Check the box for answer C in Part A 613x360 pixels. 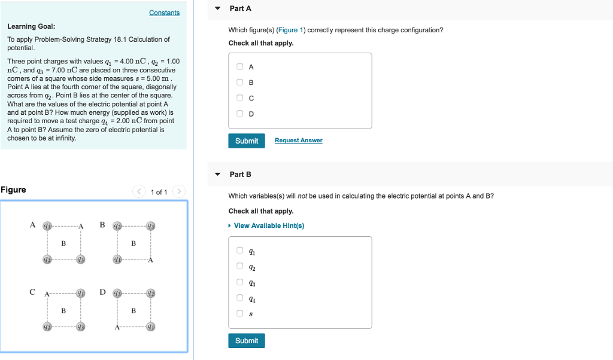pos(239,98)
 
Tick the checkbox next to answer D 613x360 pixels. pos(239,114)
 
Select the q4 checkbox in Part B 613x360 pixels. pos(239,297)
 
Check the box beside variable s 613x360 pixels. pos(239,313)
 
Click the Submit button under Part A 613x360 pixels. pos(246,141)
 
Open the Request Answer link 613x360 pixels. pos(298,141)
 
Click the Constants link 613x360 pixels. pos(164,13)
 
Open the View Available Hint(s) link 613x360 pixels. pos(269,225)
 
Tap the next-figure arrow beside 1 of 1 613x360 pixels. pos(178,191)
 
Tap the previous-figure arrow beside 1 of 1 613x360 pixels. pos(139,191)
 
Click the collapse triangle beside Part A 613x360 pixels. pos(218,8)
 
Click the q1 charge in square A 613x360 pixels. pos(47,225)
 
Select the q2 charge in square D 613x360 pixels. pos(151,293)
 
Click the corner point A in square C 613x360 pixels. pos(46,293)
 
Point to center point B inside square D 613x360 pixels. pos(133,310)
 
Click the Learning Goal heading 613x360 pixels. pos(31,26)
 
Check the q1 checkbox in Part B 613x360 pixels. pos(239,251)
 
